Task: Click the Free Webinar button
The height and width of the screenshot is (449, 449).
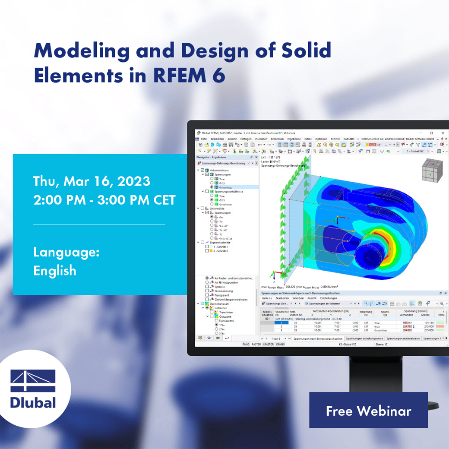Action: click(x=368, y=411)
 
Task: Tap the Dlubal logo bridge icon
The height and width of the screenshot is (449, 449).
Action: click(x=33, y=381)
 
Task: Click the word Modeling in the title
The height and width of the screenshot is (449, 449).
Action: click(x=82, y=51)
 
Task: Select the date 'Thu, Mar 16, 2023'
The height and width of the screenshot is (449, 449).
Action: click(x=92, y=181)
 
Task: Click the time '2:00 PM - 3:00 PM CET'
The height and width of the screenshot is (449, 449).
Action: click(x=104, y=200)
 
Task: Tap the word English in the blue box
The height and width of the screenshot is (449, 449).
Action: click(x=54, y=271)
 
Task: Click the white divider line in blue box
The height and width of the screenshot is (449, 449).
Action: click(x=99, y=224)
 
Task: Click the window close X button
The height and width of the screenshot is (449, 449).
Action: click(x=443, y=133)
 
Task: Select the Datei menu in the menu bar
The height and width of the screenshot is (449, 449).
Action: click(x=204, y=139)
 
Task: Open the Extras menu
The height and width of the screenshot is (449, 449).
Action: click(x=308, y=139)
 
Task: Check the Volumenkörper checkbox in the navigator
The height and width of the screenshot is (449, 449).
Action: click(x=202, y=170)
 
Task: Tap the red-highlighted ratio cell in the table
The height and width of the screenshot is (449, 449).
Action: click(x=441, y=326)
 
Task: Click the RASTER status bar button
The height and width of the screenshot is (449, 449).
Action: click(x=256, y=344)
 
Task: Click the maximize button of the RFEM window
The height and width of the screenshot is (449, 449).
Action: click(x=431, y=133)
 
